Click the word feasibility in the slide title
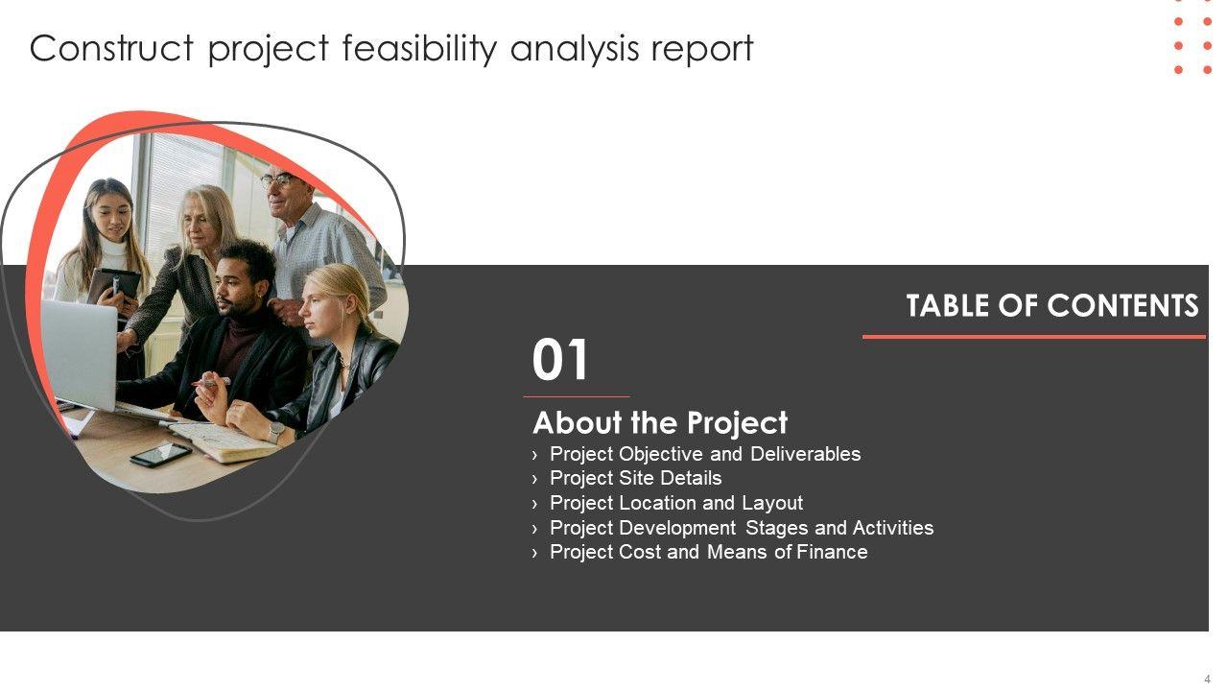click(419, 49)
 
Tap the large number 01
click(559, 360)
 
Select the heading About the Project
click(660, 423)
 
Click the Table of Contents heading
click(1052, 305)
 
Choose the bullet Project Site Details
click(635, 478)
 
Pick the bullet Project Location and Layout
click(676, 503)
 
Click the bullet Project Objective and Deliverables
click(705, 454)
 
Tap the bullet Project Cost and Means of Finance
click(708, 552)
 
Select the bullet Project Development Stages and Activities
click(742, 528)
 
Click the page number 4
click(1207, 679)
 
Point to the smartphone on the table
click(161, 454)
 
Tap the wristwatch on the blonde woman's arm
click(276, 432)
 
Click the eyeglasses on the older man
click(281, 179)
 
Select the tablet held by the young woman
click(113, 286)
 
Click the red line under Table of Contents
click(1034, 337)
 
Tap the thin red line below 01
click(577, 396)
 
